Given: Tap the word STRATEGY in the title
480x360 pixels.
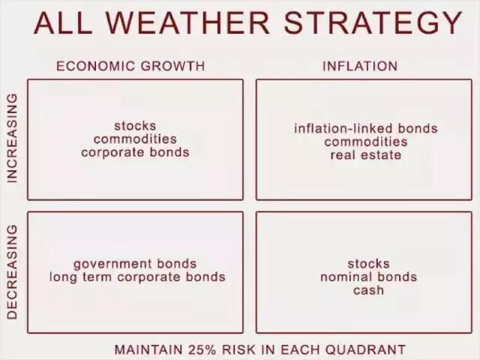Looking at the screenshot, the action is pyautogui.click(x=373, y=23).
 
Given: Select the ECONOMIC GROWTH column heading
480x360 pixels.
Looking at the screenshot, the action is pyautogui.click(x=130, y=66).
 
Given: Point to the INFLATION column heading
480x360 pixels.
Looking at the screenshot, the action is pyautogui.click(x=360, y=66).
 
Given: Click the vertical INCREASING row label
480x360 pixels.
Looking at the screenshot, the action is pyautogui.click(x=12, y=138).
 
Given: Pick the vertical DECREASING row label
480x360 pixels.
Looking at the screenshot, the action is pyautogui.click(x=12, y=272).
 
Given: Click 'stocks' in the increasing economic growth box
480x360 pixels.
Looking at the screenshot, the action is pyautogui.click(x=135, y=126).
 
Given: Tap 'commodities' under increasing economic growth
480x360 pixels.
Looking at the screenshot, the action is pyautogui.click(x=135, y=139).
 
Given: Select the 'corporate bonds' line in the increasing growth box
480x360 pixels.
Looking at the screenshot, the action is pyautogui.click(x=135, y=152).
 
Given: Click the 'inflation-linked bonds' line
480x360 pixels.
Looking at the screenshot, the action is pyautogui.click(x=366, y=128).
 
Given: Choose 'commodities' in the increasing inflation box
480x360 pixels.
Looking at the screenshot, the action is pyautogui.click(x=366, y=142).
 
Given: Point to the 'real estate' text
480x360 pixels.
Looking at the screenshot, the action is pyautogui.click(x=366, y=155).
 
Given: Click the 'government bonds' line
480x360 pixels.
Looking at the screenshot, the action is pyautogui.click(x=135, y=264).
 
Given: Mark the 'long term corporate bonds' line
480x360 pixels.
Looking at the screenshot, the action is pyautogui.click(x=137, y=277).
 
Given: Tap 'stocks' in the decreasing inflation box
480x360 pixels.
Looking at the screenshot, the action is pyautogui.click(x=368, y=264).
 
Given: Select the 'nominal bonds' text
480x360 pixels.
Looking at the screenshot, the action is pyautogui.click(x=368, y=277).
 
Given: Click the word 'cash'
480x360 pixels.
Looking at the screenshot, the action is pyautogui.click(x=368, y=290).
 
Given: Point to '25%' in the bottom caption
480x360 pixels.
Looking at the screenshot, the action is pyautogui.click(x=202, y=349).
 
